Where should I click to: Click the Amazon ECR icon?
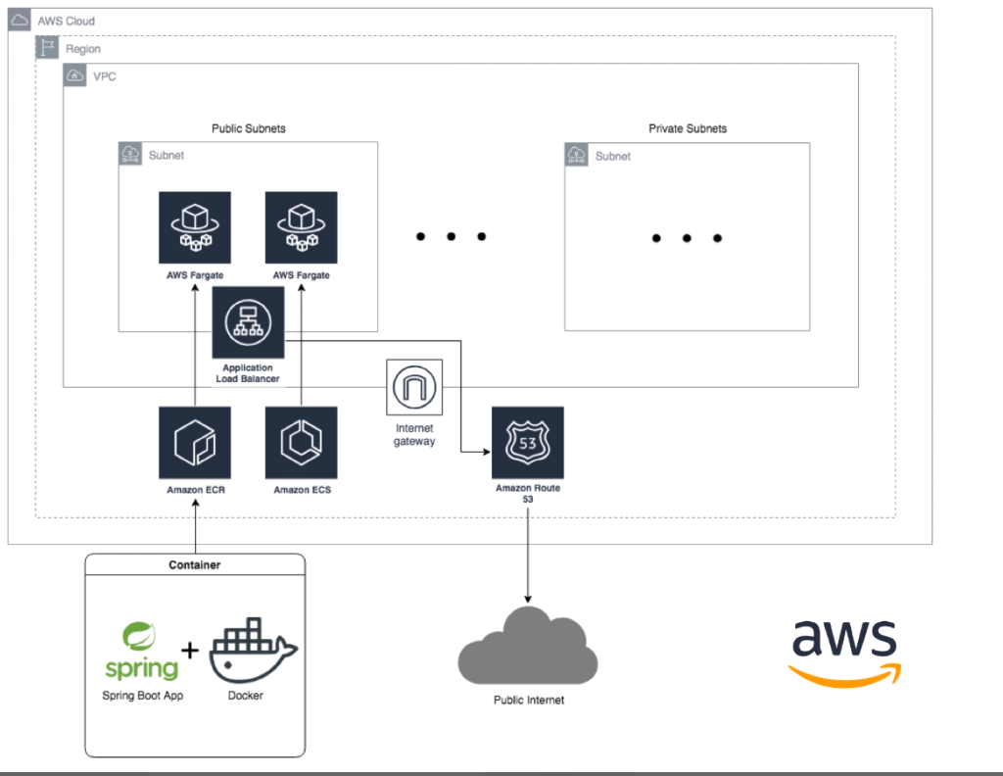pos(195,443)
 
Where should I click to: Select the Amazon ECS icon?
pos(301,443)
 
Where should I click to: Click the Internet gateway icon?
pos(415,389)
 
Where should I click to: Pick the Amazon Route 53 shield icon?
pos(528,443)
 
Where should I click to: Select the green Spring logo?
pos(142,651)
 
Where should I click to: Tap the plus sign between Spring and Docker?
pos(191,651)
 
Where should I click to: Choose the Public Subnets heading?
pos(249,129)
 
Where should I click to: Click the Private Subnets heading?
pos(688,129)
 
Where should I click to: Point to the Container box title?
pos(195,565)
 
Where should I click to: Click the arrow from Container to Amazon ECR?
pos(195,528)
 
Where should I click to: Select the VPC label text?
pos(105,76)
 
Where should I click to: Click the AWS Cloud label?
pos(66,22)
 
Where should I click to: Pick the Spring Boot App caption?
pos(143,696)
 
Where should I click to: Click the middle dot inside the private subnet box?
pos(687,238)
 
